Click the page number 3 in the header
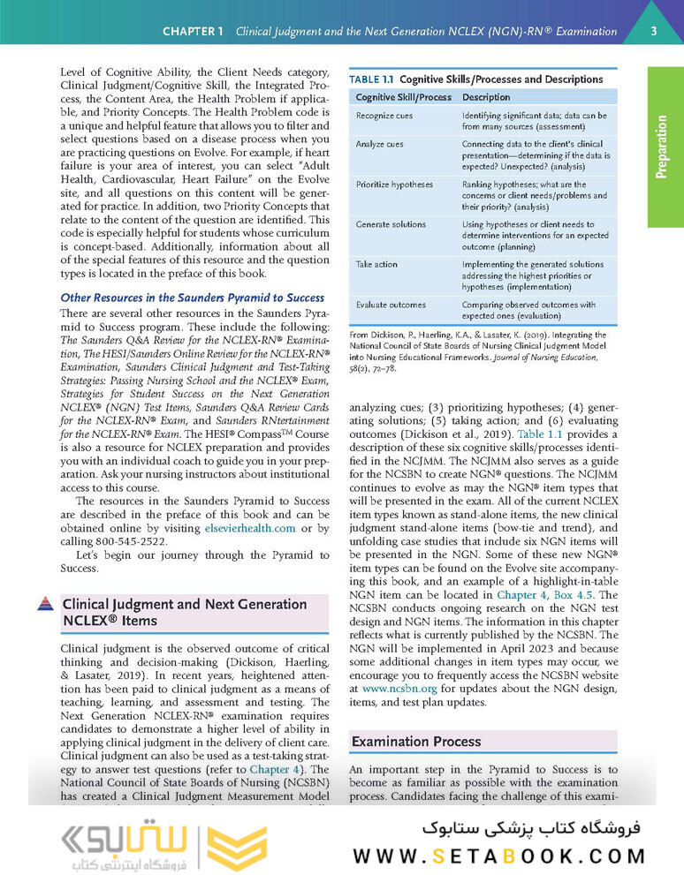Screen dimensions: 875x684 653,31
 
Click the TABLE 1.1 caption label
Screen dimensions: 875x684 376,79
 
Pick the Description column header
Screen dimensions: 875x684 486,97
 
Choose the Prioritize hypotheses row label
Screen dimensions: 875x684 394,185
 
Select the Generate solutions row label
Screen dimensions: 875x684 391,224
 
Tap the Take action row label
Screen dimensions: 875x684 376,264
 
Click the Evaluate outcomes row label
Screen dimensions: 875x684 391,305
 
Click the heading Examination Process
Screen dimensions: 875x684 416,742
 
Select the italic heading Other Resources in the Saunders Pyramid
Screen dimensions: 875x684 192,298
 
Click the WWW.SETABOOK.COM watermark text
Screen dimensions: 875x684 499,855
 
